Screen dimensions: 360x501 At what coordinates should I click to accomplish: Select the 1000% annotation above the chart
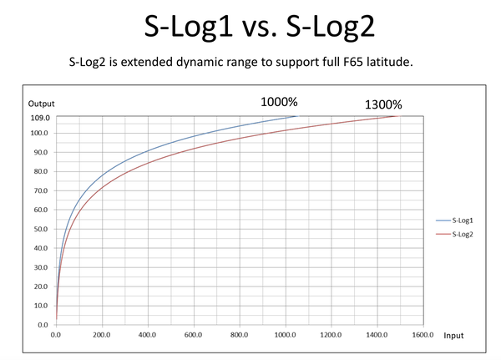(279, 102)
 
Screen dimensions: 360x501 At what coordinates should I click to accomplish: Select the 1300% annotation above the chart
(383, 105)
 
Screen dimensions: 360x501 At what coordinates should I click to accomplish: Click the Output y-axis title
(41, 104)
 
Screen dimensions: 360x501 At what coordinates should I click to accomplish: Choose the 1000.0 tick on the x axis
(285, 335)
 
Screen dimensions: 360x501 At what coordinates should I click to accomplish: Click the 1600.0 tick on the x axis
(423, 335)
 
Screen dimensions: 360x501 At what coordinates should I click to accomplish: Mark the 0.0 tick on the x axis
(56, 335)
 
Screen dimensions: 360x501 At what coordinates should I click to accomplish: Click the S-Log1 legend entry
(463, 221)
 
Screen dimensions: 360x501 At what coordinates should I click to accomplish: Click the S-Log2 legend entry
(463, 234)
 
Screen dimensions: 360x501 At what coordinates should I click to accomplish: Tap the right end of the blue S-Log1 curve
(296, 116)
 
